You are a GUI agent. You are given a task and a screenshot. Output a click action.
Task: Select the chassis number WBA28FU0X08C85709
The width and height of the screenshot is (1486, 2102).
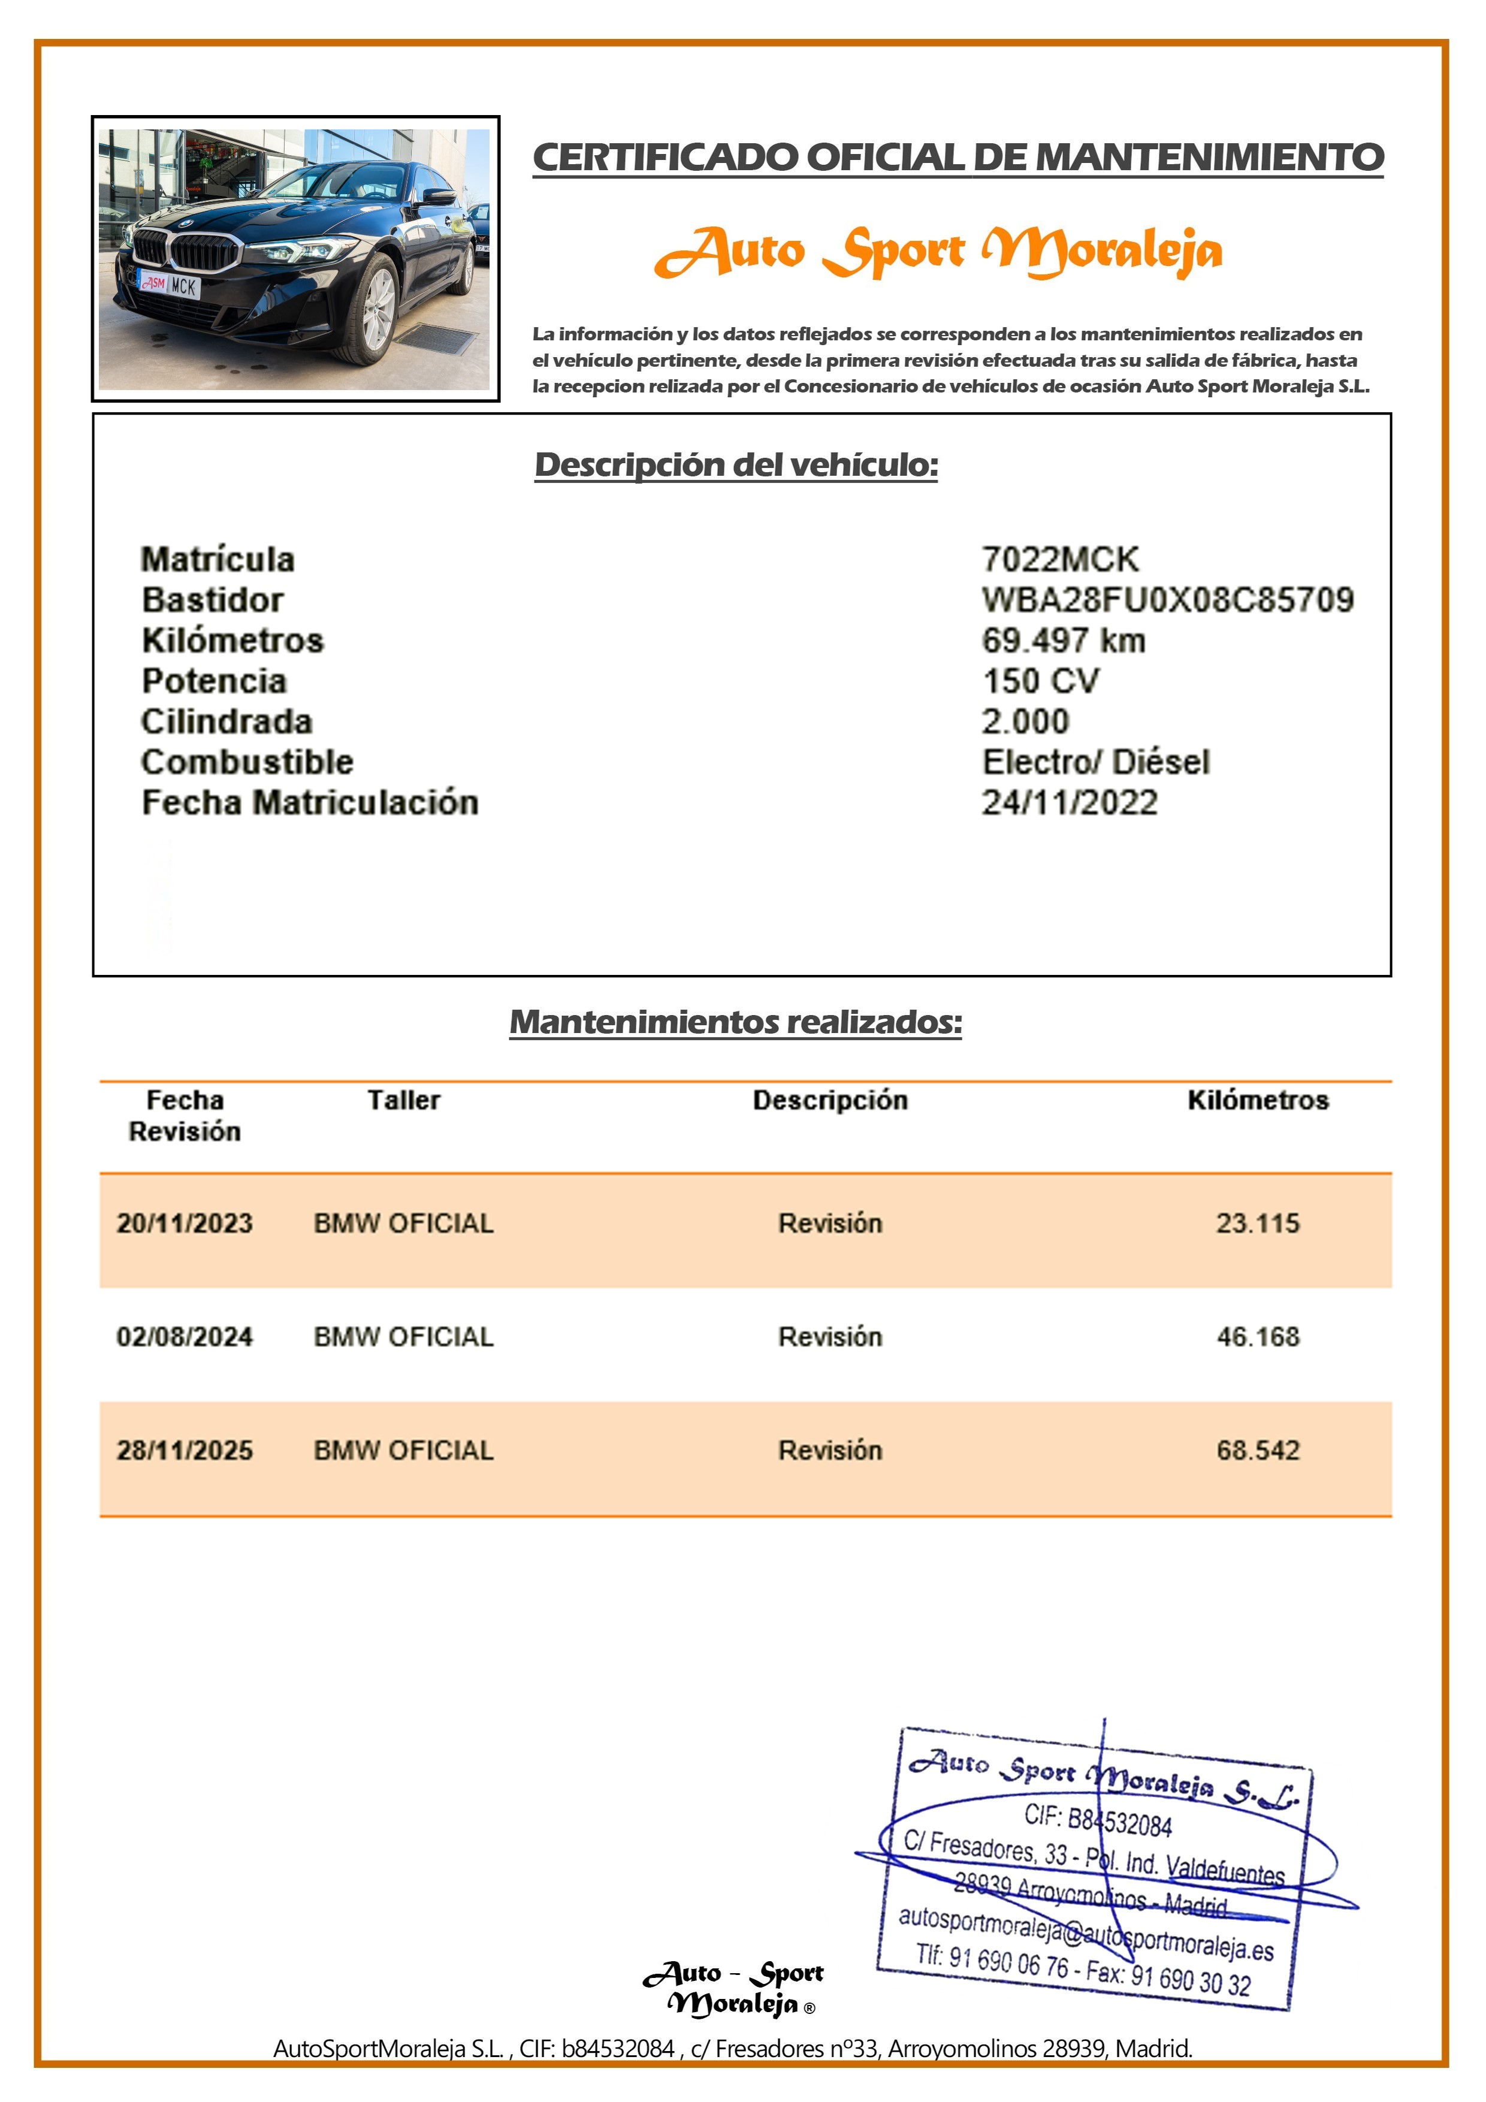1167,600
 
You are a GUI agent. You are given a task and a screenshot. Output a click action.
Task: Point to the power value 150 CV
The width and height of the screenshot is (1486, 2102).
1040,681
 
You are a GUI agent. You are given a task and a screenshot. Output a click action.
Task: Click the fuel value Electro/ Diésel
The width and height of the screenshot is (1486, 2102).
1095,762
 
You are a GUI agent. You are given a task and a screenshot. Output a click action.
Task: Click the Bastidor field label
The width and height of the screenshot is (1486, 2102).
213,600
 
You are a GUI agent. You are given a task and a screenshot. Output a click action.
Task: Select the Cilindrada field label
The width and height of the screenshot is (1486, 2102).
226,721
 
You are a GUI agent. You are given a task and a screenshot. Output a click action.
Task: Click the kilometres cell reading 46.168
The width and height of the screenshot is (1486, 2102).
1257,1337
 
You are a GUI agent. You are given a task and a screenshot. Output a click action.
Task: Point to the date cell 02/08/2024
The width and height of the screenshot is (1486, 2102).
184,1337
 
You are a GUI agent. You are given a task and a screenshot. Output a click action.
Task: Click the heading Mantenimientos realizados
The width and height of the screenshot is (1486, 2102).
735,1022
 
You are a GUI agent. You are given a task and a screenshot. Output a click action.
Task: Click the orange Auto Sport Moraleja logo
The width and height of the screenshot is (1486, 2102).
938,252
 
